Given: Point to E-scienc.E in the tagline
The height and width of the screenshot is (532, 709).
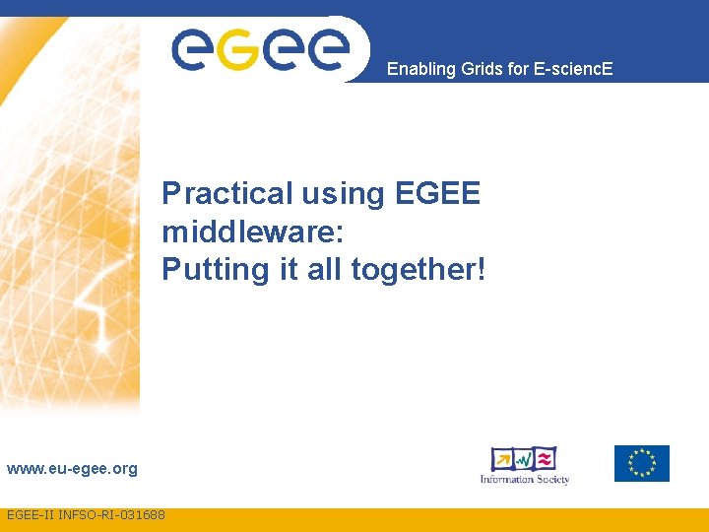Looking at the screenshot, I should pyautogui.click(x=573, y=69).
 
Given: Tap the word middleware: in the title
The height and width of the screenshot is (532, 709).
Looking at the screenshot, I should pyautogui.click(x=251, y=232).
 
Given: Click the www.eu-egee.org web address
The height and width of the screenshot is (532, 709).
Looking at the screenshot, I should pyautogui.click(x=72, y=469).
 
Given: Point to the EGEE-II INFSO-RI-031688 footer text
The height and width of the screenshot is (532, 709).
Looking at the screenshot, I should pyautogui.click(x=86, y=515).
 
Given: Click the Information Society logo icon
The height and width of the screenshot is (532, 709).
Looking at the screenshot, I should pyautogui.click(x=524, y=459).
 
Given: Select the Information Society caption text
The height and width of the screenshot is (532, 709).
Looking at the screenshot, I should pyautogui.click(x=524, y=480).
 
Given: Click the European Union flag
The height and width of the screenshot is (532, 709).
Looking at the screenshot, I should pyautogui.click(x=641, y=463).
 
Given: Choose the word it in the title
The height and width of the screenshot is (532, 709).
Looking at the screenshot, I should pyautogui.click(x=289, y=269).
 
